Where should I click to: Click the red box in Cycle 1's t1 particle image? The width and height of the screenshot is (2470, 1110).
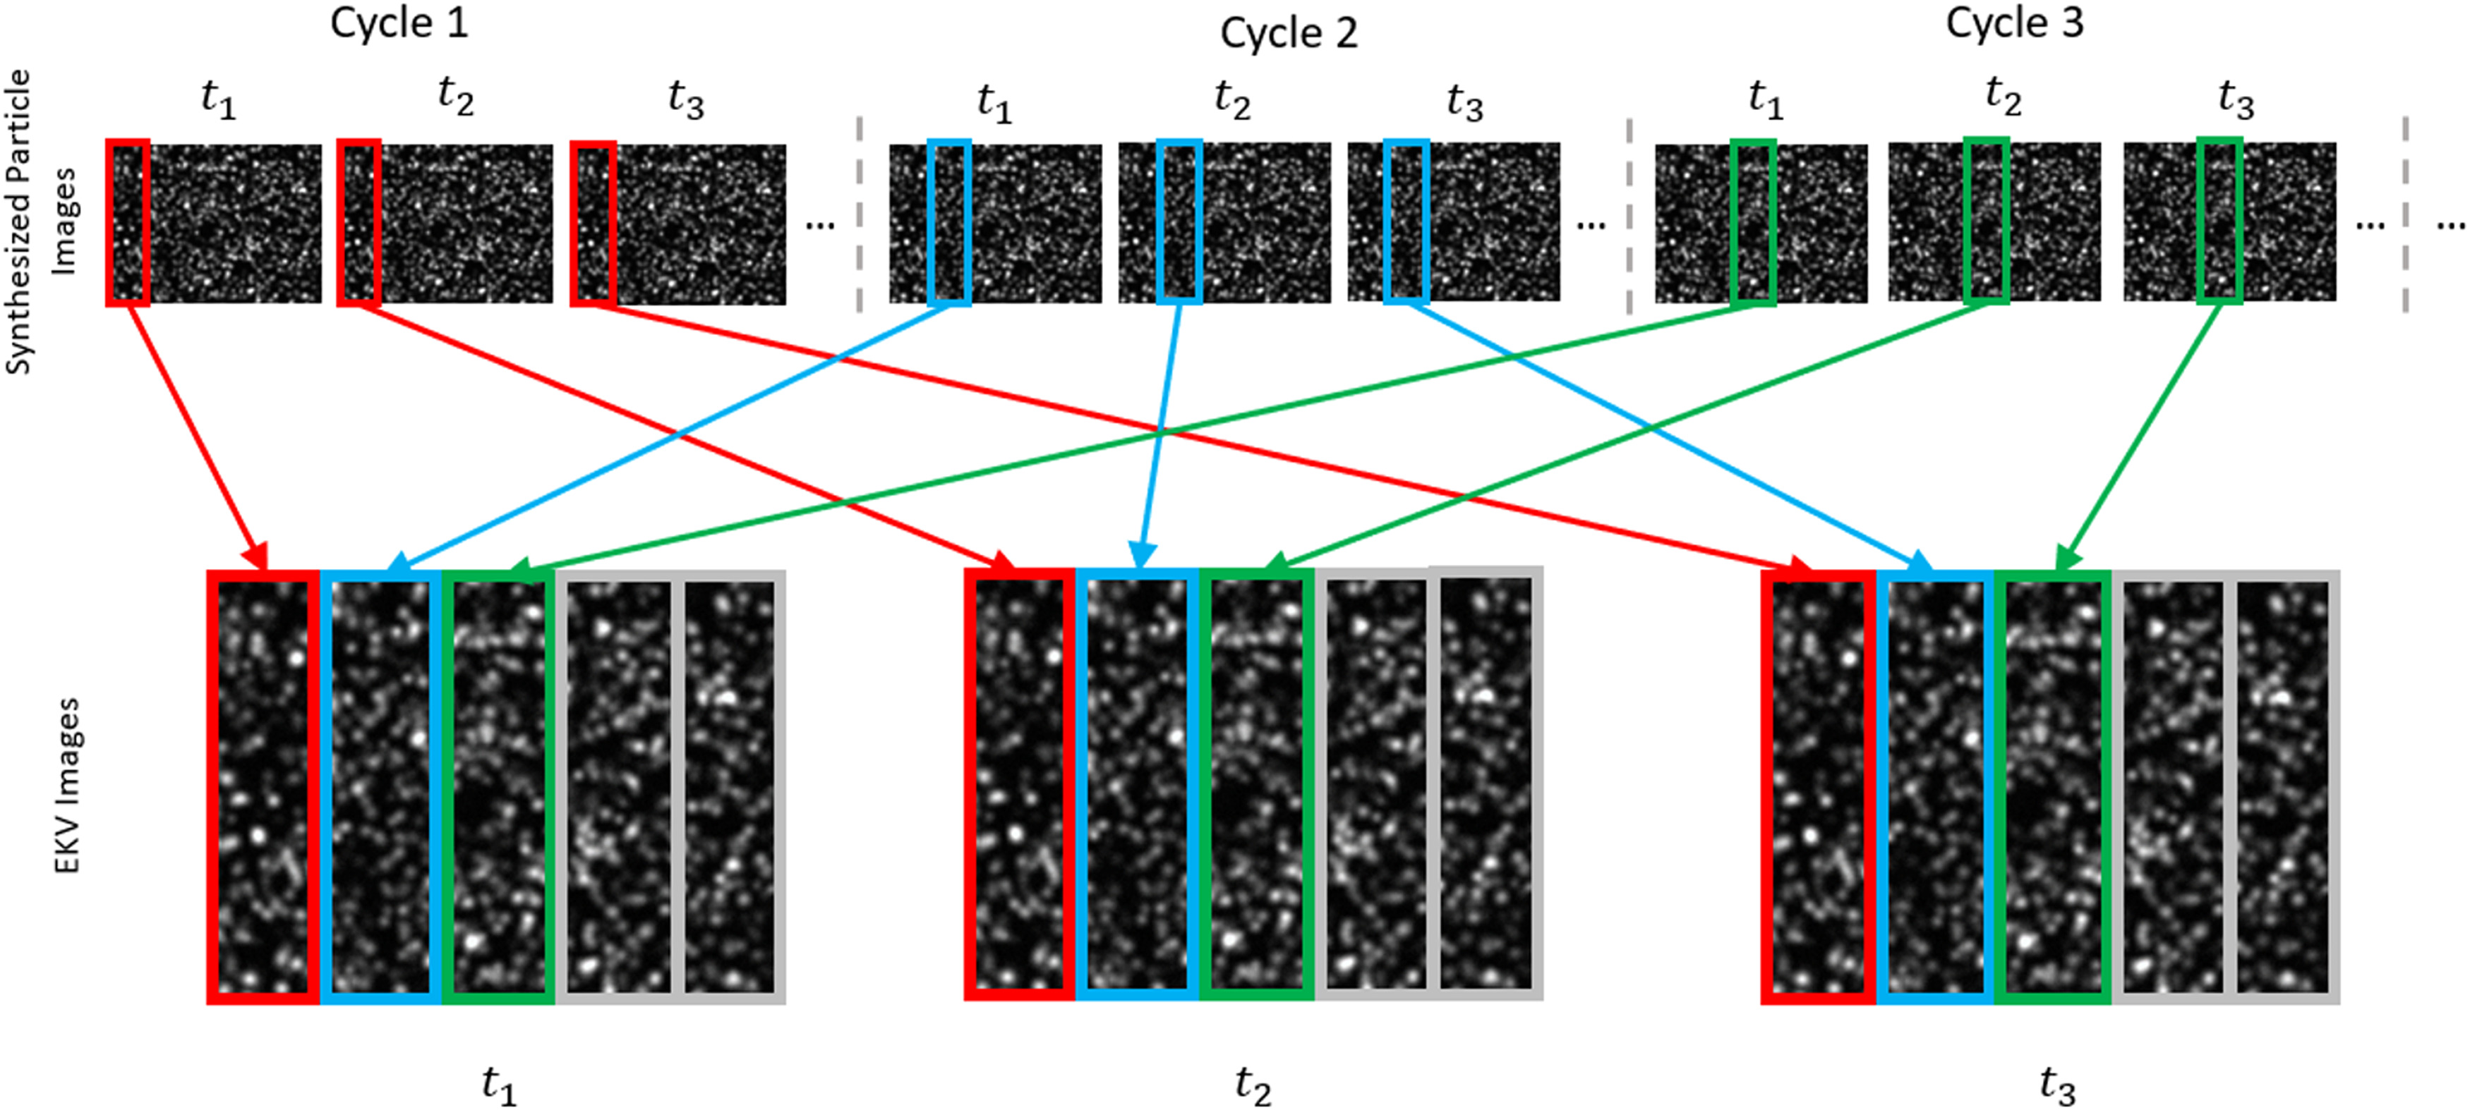click(128, 222)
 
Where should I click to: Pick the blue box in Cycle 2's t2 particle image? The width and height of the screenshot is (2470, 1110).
click(1179, 221)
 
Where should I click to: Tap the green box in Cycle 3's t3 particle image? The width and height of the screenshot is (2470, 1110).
click(2219, 221)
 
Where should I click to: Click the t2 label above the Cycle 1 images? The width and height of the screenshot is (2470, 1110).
click(455, 96)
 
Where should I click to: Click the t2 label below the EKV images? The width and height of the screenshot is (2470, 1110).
click(1252, 1085)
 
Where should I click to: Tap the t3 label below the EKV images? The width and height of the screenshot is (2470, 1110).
click(2056, 1085)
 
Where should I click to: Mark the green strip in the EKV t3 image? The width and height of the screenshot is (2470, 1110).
click(2053, 786)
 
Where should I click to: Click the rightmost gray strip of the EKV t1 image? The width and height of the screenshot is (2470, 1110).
click(730, 786)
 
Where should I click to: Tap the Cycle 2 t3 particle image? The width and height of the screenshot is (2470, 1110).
click(1454, 221)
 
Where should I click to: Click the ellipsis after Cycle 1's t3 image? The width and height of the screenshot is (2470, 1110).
click(820, 225)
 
